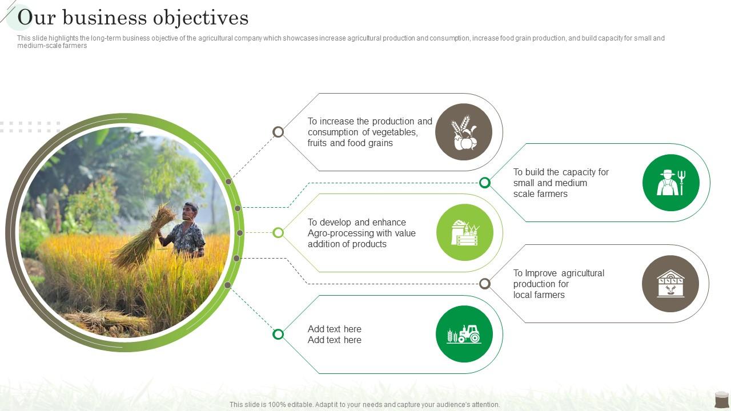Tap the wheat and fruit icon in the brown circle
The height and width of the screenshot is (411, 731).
coord(464,132)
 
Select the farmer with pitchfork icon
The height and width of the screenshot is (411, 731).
coord(670,183)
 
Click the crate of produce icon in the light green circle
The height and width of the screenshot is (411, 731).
coord(465,232)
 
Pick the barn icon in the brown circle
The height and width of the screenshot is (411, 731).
coord(670,284)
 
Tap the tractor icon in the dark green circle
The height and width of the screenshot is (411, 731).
coord(464,334)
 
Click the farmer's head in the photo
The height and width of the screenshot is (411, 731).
coord(191,212)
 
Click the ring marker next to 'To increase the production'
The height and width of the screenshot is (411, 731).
coord(278,132)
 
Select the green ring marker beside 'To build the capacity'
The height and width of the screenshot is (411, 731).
coord(485,183)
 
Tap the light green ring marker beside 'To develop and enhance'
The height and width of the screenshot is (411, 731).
coord(278,232)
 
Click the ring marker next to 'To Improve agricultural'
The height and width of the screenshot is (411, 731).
coord(485,284)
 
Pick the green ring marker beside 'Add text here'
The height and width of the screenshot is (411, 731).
coord(278,334)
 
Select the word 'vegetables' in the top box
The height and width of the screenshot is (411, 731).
coord(396,132)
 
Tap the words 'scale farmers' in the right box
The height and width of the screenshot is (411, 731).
coord(540,194)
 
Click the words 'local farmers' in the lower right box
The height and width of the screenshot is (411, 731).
coord(539,295)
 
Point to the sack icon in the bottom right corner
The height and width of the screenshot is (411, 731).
coord(721,399)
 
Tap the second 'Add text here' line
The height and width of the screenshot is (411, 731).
coord(334,340)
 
